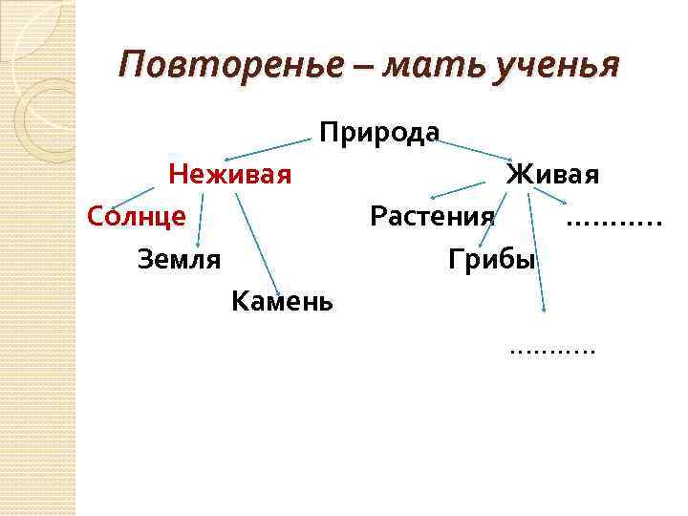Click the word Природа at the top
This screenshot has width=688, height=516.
point(379,132)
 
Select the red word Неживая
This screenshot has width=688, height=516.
point(229,175)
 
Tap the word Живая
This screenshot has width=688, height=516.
point(552,175)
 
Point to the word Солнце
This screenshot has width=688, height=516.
point(136,216)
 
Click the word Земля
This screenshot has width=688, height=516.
point(179,258)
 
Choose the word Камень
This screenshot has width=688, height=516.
point(282,302)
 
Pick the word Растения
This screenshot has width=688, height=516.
point(433,216)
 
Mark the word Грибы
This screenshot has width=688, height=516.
point(491,258)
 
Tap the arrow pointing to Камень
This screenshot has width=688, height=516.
point(256,243)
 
